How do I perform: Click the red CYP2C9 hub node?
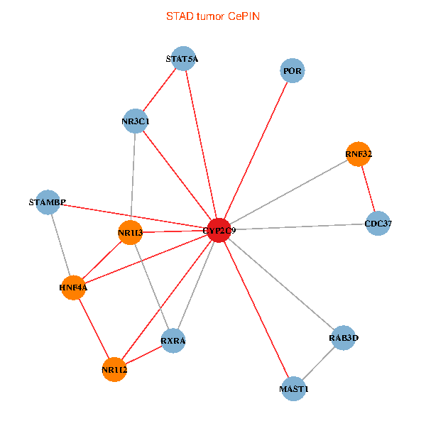[x=219, y=230]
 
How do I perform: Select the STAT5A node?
[x=183, y=59]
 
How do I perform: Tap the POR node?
[x=293, y=71]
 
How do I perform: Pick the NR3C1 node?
[x=135, y=121]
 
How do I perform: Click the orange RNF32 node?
[x=359, y=154]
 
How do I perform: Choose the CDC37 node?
[x=378, y=224]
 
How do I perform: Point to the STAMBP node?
[x=48, y=202]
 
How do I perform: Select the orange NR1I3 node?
[x=130, y=233]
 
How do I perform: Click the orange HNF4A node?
[x=73, y=288]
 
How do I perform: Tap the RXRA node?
[x=173, y=341]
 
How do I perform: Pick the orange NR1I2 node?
[x=114, y=369]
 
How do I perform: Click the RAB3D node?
[x=344, y=338]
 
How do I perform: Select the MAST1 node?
[x=294, y=389]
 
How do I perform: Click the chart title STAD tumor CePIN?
[x=212, y=16]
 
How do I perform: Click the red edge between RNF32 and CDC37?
[x=368, y=189]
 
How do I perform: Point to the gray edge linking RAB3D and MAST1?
[x=319, y=364]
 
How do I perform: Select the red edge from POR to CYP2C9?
[x=256, y=151]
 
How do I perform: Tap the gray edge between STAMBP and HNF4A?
[x=60, y=245]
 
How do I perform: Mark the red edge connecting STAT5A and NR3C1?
[x=159, y=90]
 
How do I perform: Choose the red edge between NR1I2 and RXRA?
[x=143, y=355]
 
